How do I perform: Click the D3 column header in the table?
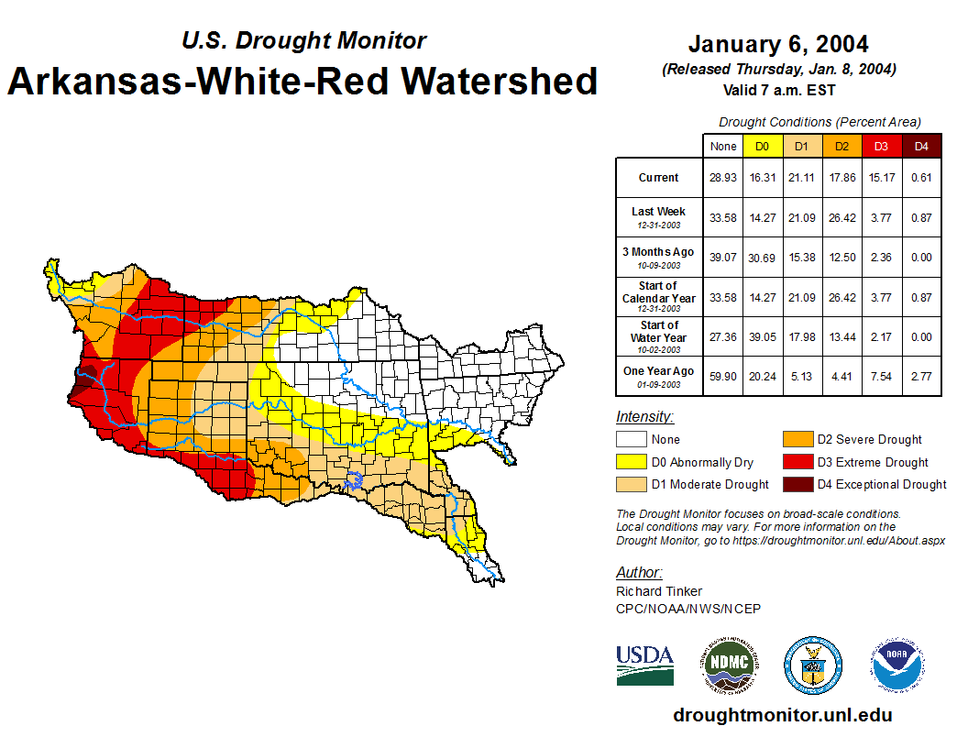click(881, 147)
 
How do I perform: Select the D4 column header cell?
click(921, 147)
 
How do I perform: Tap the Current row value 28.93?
click(723, 178)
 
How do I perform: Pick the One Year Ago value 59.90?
click(723, 375)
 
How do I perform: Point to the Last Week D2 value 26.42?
click(841, 217)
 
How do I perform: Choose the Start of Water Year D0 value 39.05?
click(762, 335)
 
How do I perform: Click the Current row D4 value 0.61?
click(921, 178)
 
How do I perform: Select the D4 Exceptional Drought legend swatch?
click(796, 484)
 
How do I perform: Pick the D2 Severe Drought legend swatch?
click(796, 440)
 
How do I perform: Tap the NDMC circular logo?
click(729, 664)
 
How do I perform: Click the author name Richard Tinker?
click(659, 591)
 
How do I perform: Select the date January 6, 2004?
click(778, 44)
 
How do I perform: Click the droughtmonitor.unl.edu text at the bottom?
click(782, 715)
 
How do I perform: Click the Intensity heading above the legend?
click(644, 417)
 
